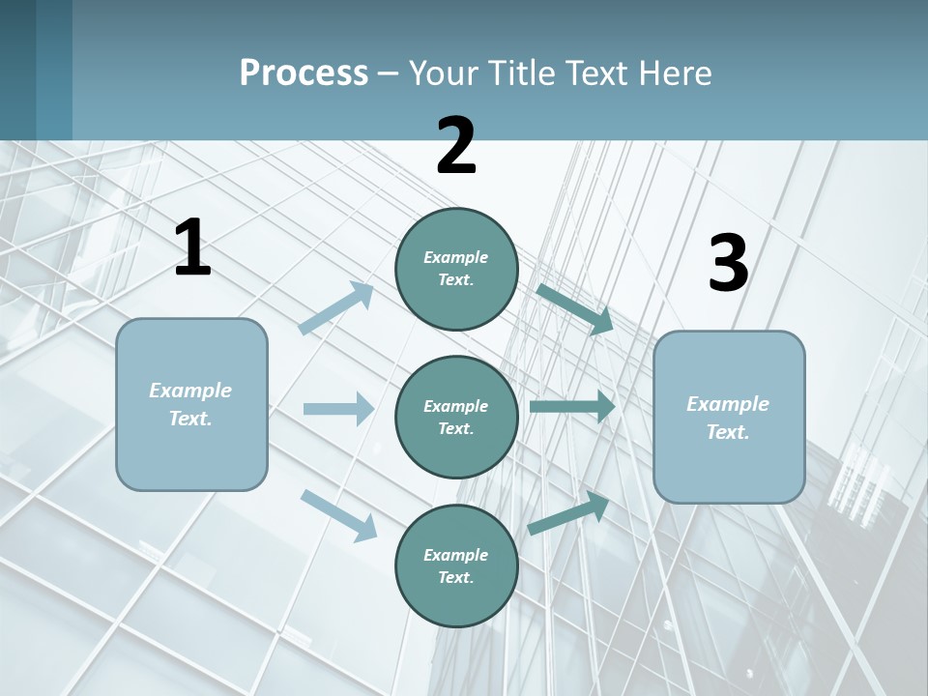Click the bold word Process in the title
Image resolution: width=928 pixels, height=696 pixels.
tap(304, 72)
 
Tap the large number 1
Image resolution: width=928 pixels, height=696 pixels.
tap(192, 248)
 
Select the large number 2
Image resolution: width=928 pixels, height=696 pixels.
tap(456, 146)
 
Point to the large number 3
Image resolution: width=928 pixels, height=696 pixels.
tap(728, 264)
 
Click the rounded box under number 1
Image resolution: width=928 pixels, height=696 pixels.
tap(191, 404)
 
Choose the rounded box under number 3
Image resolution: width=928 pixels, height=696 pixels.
tap(729, 417)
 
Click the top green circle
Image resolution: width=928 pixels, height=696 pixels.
tap(456, 269)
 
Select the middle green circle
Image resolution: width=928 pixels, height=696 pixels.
tap(456, 417)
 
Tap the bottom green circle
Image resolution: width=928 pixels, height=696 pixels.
tap(456, 565)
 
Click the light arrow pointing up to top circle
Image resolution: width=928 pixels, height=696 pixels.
tap(336, 308)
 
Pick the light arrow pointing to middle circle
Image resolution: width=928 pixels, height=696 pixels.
tap(338, 409)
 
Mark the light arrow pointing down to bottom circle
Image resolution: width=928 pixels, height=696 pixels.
tap(338, 514)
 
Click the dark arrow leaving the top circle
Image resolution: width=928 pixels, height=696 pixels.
tap(574, 308)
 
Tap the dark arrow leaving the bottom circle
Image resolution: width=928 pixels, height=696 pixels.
tap(568, 513)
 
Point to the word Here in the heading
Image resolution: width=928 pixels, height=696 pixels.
tap(674, 72)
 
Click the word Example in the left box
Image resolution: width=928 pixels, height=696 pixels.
tap(190, 391)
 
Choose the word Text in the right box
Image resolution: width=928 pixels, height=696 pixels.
tap(727, 432)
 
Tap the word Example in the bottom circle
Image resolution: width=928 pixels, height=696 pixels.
tap(455, 555)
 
